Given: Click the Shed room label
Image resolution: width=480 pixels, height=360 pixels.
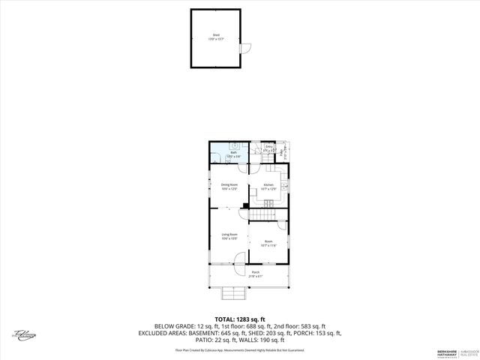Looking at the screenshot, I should (x=216, y=36).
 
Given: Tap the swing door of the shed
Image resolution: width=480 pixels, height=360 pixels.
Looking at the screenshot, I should (x=242, y=48).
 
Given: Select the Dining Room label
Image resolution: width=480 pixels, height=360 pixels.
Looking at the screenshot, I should (x=229, y=186).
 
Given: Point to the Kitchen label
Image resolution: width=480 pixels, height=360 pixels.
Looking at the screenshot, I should (x=268, y=186).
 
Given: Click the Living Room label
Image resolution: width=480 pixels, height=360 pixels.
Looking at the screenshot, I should (x=229, y=236).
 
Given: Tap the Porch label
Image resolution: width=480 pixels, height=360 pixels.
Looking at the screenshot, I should (x=256, y=273).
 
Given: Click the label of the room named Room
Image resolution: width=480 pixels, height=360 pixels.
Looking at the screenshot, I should (x=268, y=243).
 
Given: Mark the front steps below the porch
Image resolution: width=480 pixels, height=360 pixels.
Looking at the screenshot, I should (x=229, y=293).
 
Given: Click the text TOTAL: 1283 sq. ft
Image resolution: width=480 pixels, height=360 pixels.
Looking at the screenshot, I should (x=240, y=318).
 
